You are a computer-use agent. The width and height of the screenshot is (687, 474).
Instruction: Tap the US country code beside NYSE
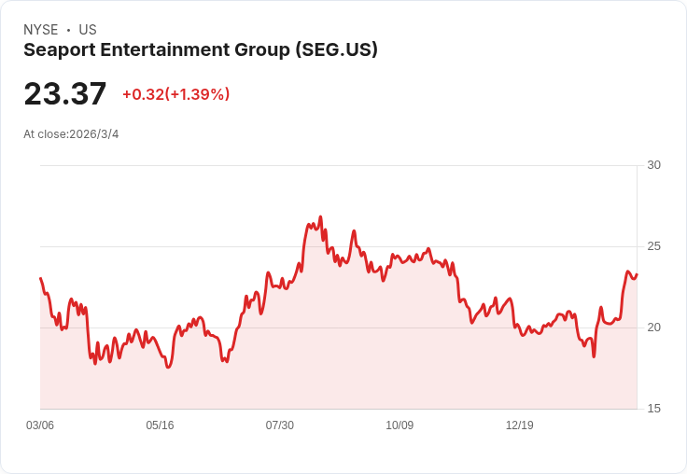click(88, 30)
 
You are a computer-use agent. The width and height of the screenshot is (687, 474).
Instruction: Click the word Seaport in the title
click(58, 50)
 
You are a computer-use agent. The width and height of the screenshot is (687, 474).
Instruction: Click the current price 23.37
click(65, 94)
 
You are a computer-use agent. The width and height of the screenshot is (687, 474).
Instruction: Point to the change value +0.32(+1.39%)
click(175, 94)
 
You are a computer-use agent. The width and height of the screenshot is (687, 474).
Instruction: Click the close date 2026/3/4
click(94, 134)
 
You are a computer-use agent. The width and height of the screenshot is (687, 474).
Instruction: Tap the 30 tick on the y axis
click(653, 165)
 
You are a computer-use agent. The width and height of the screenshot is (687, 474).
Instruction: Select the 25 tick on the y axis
click(653, 246)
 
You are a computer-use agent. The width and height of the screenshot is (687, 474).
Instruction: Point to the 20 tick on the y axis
click(653, 328)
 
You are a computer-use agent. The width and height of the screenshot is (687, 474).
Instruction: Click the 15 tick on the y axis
click(653, 409)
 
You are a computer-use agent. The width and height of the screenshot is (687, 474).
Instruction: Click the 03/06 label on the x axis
click(40, 425)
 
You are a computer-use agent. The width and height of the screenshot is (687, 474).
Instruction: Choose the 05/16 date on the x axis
click(160, 425)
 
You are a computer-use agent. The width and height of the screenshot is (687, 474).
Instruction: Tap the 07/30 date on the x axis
click(279, 425)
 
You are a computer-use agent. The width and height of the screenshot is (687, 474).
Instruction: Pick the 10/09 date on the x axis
click(400, 425)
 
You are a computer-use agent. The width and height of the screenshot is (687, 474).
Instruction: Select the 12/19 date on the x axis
click(519, 425)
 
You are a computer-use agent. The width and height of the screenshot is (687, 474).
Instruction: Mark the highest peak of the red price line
click(320, 216)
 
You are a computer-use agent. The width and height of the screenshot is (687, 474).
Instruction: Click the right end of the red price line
click(637, 274)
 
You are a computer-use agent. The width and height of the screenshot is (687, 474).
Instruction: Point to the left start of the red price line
click(40, 278)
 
